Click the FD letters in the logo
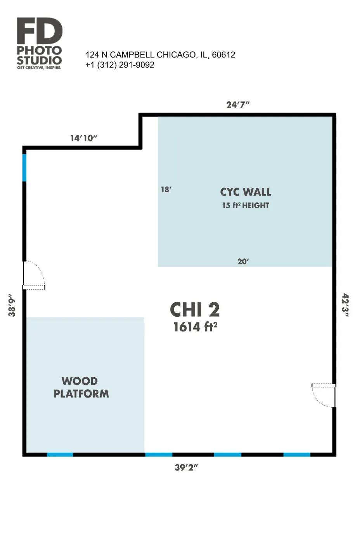(40, 31)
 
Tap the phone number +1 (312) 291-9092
(120, 65)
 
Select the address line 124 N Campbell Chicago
(160, 55)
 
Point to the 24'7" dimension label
(238, 105)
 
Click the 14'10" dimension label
(84, 138)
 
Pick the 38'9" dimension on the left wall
(12, 305)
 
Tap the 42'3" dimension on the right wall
(345, 305)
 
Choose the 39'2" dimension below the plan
(186, 467)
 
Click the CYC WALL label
(246, 192)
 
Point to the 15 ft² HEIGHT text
(246, 206)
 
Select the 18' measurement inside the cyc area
(166, 190)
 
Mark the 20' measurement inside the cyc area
(243, 262)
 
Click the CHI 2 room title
(195, 310)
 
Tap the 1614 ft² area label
(195, 327)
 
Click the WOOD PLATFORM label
(81, 387)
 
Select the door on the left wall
(34, 275)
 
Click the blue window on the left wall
(24, 167)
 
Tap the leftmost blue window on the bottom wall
(60, 454)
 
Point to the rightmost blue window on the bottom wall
(297, 454)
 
